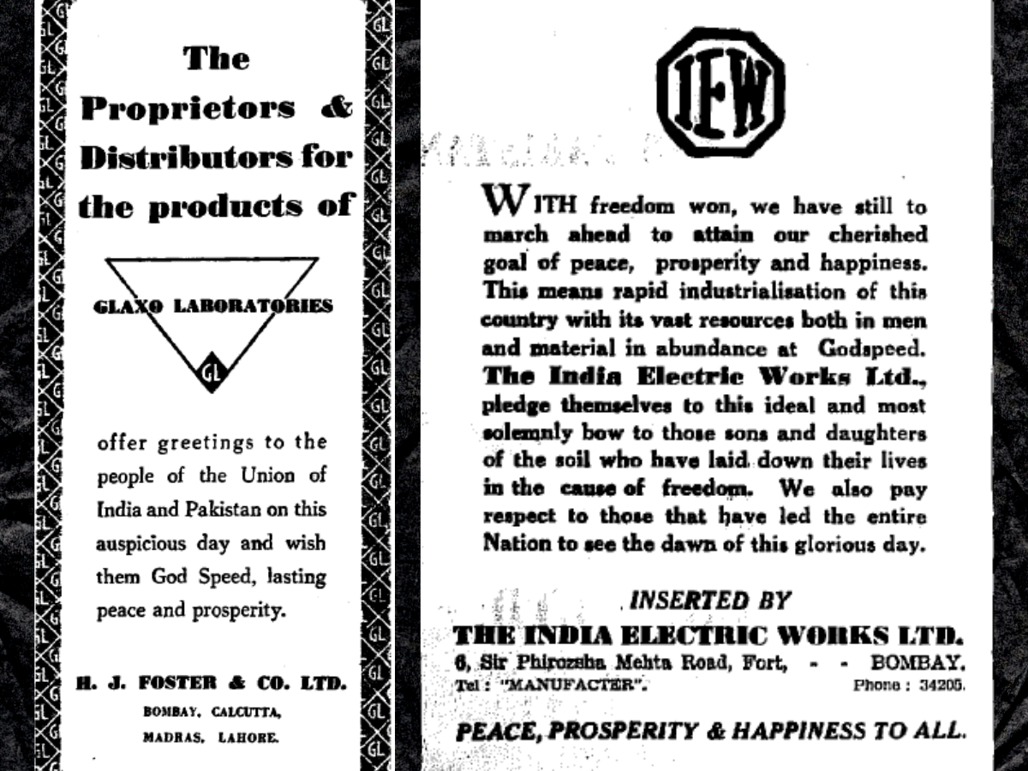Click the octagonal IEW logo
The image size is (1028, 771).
pos(720,93)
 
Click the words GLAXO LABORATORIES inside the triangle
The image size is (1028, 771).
pos(212,306)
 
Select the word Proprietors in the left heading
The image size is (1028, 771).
pos(188,109)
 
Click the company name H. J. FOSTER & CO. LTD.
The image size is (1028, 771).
pos(211,684)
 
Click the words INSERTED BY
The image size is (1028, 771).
pos(709,601)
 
